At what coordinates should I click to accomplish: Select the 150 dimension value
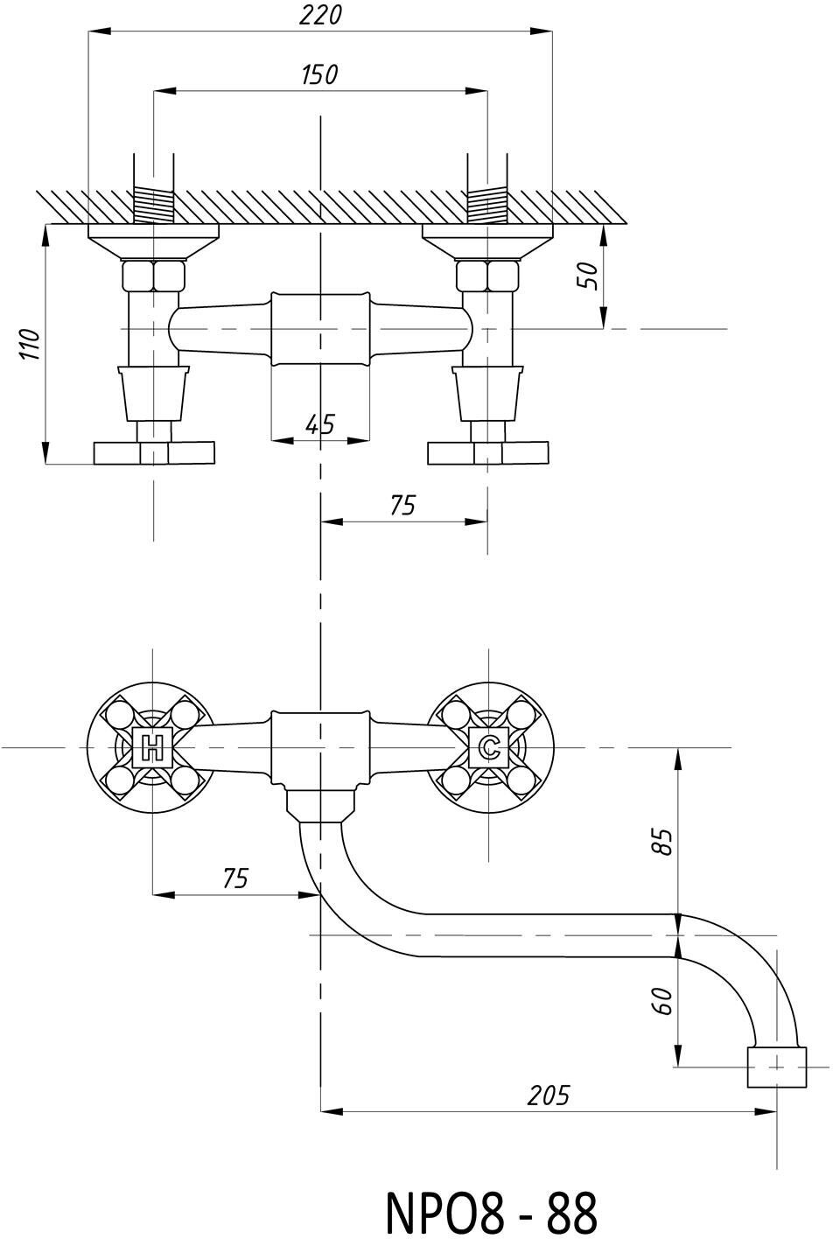point(319,74)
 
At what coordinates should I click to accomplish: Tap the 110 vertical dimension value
point(31,344)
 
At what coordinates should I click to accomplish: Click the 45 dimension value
point(320,424)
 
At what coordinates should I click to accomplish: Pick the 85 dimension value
point(663,841)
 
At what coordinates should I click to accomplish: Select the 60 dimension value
point(663,999)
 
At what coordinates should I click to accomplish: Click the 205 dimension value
point(548,1095)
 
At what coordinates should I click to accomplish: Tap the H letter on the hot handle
point(153,748)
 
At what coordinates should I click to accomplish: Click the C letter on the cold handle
point(489,748)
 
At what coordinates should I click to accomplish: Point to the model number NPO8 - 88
point(491,1212)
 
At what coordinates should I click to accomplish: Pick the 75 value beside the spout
point(234,878)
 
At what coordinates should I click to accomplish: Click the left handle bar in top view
point(154,453)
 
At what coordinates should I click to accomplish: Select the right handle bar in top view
point(488,453)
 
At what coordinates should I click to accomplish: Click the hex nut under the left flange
point(153,276)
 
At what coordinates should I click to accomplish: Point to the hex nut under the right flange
point(488,276)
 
